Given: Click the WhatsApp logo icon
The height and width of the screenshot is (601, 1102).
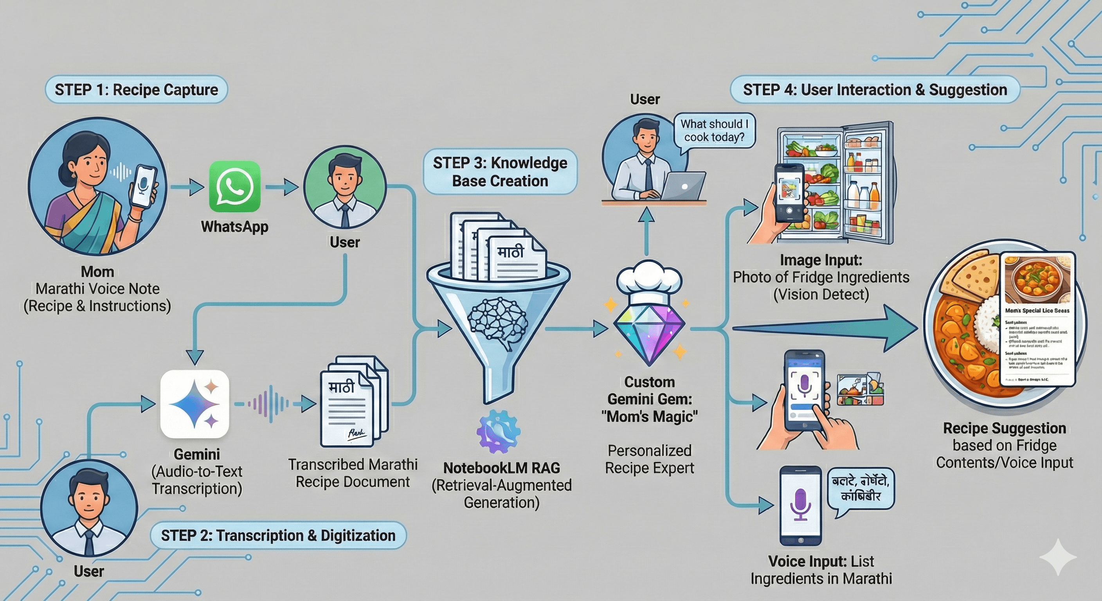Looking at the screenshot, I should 234,187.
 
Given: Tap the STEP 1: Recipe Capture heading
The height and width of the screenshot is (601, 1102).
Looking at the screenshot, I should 136,90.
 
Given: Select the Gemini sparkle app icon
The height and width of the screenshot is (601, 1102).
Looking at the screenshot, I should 194,404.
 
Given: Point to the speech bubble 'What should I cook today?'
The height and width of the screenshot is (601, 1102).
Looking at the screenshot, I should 714,130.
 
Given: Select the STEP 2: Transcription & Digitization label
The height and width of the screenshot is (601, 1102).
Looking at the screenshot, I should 278,535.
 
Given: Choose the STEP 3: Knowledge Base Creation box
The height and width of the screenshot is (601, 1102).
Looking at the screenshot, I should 500,171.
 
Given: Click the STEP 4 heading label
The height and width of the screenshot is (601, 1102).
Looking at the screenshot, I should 875,90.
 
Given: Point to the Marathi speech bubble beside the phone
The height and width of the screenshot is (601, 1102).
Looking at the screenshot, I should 861,488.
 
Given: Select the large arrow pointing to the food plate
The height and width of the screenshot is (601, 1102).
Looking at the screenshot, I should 826,329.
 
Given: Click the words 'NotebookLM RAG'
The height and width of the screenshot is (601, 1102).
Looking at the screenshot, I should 501,468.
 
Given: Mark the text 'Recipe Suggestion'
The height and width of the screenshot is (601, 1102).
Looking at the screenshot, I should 1004,428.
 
